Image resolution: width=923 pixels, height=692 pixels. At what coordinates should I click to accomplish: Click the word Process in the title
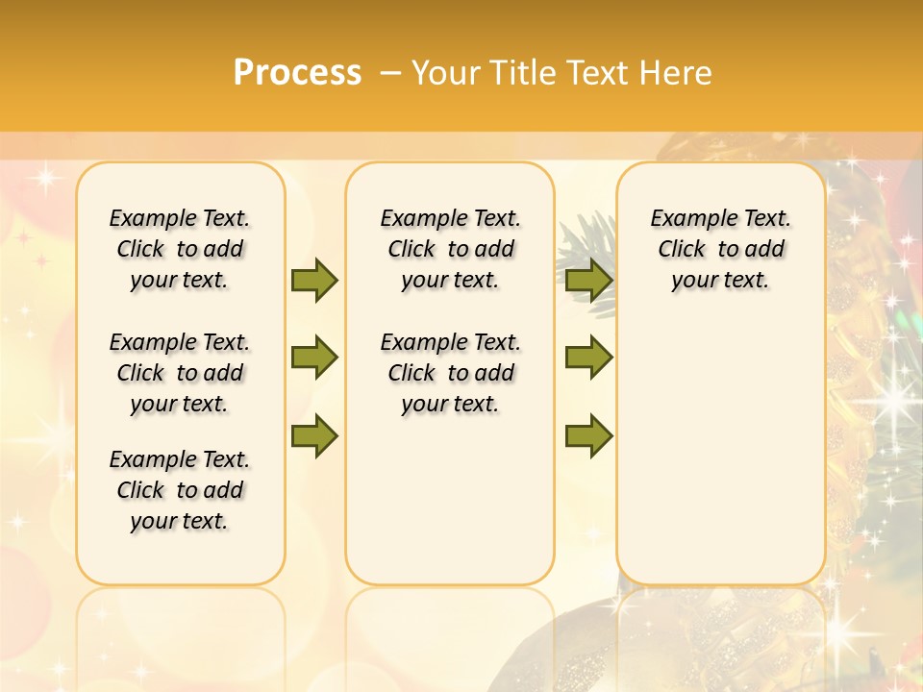point(297,73)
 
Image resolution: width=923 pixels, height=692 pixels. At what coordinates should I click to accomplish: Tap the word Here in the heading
point(678,73)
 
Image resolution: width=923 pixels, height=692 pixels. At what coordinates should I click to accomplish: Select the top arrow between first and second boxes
point(314,280)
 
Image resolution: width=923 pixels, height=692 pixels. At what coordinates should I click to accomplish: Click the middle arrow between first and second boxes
point(314,358)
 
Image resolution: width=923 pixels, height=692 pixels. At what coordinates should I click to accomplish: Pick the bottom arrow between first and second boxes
point(314,436)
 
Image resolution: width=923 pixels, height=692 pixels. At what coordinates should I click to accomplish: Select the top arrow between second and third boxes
point(588,280)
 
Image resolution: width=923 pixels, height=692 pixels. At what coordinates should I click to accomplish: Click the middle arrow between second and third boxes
point(588,358)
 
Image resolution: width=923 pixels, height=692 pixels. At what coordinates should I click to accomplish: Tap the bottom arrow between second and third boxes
point(588,436)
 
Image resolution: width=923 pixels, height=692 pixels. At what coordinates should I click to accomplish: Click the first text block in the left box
point(180,249)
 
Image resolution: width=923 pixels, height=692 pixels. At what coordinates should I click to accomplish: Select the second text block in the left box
point(180,373)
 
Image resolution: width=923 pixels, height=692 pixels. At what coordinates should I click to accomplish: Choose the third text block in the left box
point(180,490)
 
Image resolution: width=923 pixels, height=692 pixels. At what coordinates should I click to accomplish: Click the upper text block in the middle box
point(450,249)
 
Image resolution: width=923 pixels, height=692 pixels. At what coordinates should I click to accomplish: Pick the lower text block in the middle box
point(450,373)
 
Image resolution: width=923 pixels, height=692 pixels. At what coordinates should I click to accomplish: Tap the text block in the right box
point(720,249)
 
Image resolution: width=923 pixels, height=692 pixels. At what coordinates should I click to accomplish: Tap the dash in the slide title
point(390,73)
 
